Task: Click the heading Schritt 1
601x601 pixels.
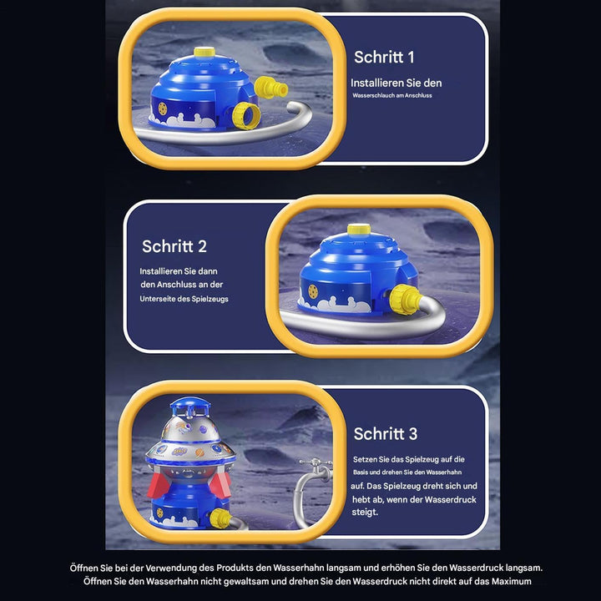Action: click(384, 57)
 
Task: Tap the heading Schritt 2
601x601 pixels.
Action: click(174, 246)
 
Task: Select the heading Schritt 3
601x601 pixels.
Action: click(385, 433)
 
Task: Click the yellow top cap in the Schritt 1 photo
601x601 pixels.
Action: click(205, 53)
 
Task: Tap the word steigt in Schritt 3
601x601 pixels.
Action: click(364, 512)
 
